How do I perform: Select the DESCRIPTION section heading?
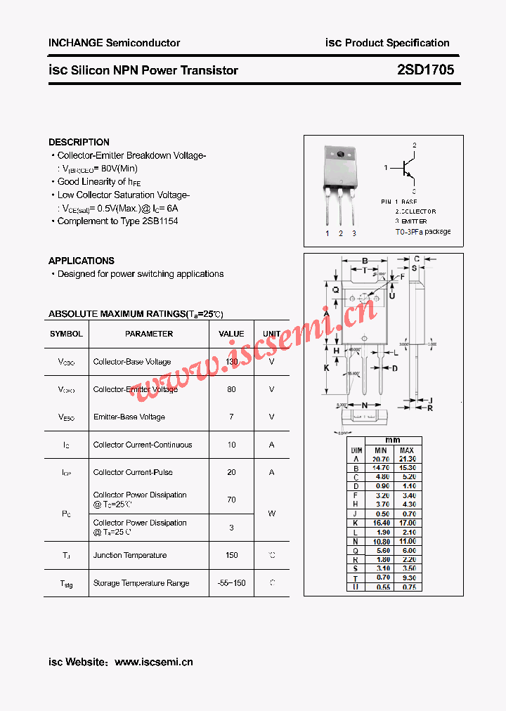click(x=79, y=142)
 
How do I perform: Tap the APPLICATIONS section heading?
click(x=82, y=261)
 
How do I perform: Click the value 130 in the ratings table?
click(x=231, y=362)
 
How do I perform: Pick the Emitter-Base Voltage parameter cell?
click(x=129, y=417)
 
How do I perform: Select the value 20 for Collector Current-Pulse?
click(x=231, y=472)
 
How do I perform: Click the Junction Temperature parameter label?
click(x=130, y=555)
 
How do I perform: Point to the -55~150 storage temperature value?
click(x=231, y=583)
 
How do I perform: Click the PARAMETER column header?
click(x=149, y=334)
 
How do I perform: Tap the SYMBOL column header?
click(x=67, y=334)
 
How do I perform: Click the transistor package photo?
click(x=340, y=179)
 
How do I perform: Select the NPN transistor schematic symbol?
click(x=407, y=169)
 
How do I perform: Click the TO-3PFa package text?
click(x=422, y=231)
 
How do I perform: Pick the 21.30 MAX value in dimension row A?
click(x=406, y=459)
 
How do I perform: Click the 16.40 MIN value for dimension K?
click(x=380, y=523)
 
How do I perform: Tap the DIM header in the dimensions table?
click(x=356, y=450)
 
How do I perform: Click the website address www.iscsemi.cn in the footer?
click(x=153, y=662)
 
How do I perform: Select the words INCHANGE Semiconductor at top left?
click(x=114, y=43)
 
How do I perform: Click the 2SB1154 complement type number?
click(x=160, y=221)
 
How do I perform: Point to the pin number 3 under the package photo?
click(x=354, y=233)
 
